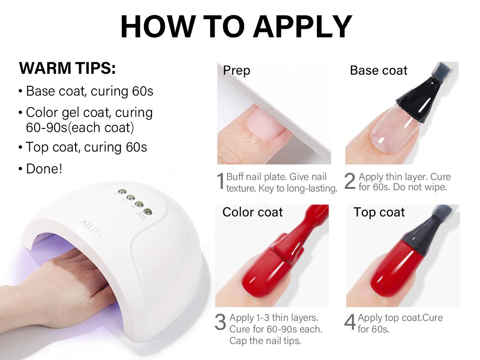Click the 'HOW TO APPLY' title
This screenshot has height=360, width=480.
[236, 27]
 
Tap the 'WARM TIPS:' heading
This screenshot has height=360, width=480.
[67, 69]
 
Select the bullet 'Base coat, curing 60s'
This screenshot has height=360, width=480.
[89, 91]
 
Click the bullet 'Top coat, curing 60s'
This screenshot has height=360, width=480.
[86, 147]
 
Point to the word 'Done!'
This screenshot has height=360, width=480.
[44, 169]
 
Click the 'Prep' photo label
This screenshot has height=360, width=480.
[236, 71]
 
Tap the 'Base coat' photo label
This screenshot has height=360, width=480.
[378, 71]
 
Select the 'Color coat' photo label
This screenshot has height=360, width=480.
[252, 212]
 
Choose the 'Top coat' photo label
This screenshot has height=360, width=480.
[379, 212]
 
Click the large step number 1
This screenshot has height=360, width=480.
[220, 182]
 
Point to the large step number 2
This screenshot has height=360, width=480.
[350, 182]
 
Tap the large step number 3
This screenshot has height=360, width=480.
[220, 323]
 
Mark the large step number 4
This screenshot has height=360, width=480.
[350, 323]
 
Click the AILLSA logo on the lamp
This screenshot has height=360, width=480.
[90, 228]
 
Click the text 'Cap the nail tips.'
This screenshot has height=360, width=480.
[265, 341]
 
